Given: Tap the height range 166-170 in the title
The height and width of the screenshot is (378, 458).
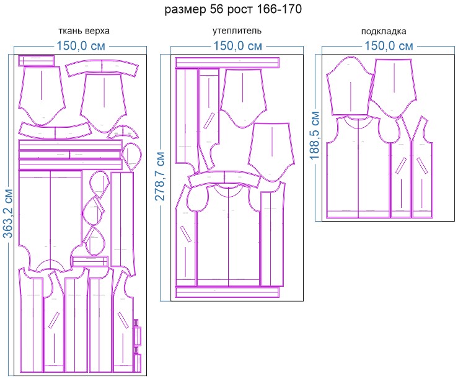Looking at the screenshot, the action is (x=280, y=9).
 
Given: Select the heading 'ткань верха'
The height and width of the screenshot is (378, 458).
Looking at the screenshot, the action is (x=84, y=31).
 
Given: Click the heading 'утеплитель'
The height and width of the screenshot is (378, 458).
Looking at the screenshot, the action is (x=237, y=30).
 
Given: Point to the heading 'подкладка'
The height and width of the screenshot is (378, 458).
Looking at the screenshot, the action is (x=384, y=31).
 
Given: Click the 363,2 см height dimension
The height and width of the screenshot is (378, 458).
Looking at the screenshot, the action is (x=8, y=214).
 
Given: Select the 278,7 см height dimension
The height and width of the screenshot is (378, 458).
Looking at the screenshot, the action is (x=160, y=176).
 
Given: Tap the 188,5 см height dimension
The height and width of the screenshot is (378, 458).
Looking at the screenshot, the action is (x=315, y=135).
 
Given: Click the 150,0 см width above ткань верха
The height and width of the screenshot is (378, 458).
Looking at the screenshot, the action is (x=81, y=46).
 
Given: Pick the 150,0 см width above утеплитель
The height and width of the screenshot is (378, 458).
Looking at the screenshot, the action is (x=237, y=46).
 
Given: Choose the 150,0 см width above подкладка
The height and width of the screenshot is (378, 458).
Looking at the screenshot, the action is (x=389, y=46).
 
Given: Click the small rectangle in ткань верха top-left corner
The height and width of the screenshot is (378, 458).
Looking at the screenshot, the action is (x=37, y=61).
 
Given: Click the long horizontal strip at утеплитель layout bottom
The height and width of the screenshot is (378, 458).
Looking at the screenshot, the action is (x=227, y=292).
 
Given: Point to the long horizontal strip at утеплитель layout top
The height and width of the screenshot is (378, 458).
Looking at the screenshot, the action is (x=227, y=63).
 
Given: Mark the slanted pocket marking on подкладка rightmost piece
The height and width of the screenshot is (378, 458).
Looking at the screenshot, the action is (x=423, y=166).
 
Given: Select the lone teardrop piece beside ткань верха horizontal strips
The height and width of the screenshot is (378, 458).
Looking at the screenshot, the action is (x=132, y=156).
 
